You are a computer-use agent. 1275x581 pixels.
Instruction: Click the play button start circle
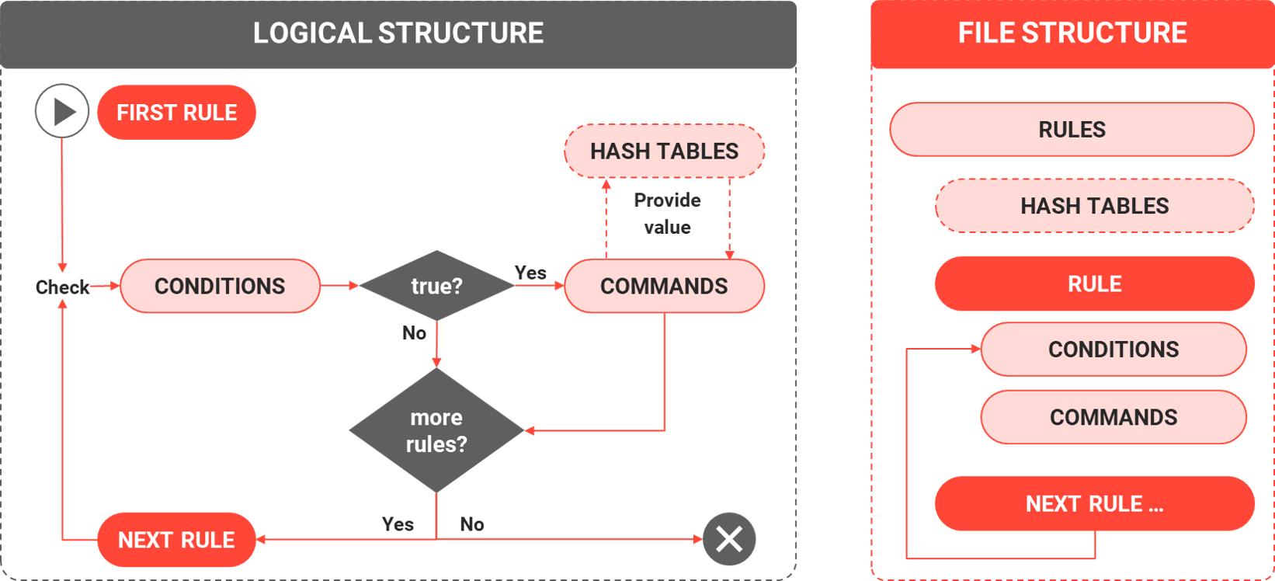[62, 111]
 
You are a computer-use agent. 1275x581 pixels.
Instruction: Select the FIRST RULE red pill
[176, 113]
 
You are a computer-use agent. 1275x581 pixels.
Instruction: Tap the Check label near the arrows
[62, 286]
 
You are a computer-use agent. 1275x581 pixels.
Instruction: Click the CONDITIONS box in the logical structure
[220, 286]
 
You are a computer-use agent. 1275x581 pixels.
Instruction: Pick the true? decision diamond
[436, 286]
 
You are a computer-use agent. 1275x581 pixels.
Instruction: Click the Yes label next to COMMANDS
[530, 272]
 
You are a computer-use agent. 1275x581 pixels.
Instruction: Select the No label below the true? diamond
[414, 332]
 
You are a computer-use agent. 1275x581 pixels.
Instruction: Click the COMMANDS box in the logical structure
[664, 286]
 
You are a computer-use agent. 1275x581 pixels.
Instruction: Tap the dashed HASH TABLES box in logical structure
[664, 151]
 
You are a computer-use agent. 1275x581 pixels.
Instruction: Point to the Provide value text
[667, 214]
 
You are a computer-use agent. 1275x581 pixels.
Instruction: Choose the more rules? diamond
[436, 430]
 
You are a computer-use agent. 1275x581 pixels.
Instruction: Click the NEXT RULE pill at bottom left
[176, 539]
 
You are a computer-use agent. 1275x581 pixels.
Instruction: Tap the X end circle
[728, 538]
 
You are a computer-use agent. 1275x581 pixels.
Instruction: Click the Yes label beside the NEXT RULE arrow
[398, 524]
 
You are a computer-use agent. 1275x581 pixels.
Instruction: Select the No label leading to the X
[472, 523]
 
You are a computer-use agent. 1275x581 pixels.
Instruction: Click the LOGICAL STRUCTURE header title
[398, 33]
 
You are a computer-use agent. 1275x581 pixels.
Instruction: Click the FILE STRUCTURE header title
[1072, 33]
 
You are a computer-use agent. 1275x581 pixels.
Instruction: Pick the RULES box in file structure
[1072, 129]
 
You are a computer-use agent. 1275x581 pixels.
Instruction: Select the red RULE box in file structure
[1094, 284]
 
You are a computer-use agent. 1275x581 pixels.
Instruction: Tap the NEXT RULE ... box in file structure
[1094, 503]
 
